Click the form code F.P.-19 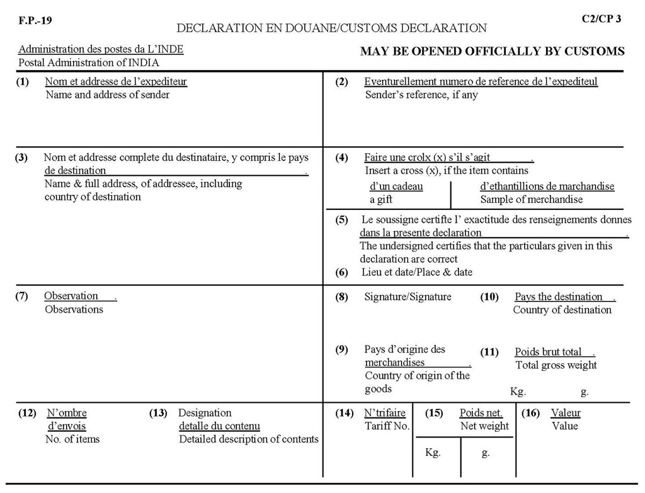[35, 20]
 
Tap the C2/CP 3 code [602, 18]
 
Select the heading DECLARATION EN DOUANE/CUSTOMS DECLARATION [331, 28]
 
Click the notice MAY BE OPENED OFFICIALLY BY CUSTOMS [492, 51]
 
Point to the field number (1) [23, 81]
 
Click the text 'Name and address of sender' [107, 95]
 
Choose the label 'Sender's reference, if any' [421, 95]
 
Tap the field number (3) [21, 158]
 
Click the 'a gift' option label [380, 199]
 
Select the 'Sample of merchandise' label [532, 199]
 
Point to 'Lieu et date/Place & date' [416, 272]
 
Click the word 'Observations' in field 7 [74, 309]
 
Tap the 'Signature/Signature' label [408, 296]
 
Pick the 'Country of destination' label [562, 310]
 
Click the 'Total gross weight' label [556, 365]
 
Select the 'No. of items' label [72, 439]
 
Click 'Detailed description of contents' [249, 439]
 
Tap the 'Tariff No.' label [387, 426]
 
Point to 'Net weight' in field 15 [484, 426]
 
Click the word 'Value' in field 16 [565, 426]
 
